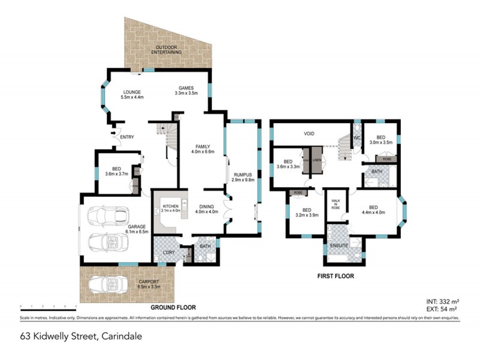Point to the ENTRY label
point(127,137)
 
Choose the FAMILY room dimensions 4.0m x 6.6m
point(202,152)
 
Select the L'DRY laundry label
point(169,251)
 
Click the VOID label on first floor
point(309,134)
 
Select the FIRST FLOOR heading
point(335,277)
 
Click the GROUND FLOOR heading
point(173,307)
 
